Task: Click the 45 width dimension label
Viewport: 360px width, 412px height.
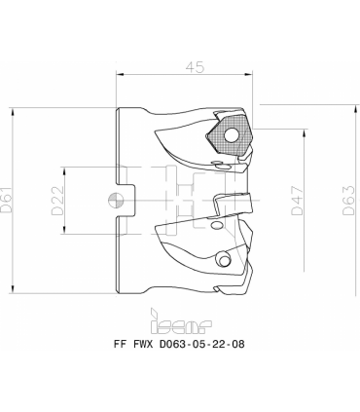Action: [x=196, y=67]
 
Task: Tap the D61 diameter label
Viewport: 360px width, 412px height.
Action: [x=7, y=200]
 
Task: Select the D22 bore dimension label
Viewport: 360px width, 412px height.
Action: [x=57, y=201]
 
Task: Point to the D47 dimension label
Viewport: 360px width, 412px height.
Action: [x=297, y=201]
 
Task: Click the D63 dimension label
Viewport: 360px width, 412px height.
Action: [x=348, y=201]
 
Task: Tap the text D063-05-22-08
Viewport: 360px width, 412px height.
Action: [x=202, y=344]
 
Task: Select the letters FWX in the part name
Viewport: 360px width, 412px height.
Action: [x=143, y=344]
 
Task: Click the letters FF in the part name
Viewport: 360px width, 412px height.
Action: [x=120, y=344]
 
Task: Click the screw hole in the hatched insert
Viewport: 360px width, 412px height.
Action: [x=232, y=135]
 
